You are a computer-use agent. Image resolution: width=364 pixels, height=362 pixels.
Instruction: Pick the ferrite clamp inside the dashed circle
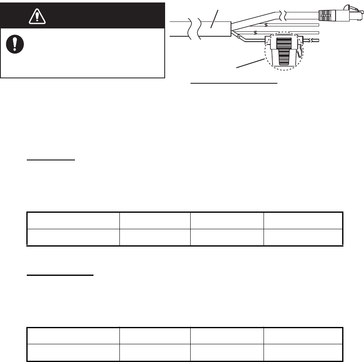283,50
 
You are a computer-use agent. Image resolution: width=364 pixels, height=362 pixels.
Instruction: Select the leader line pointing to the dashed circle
250,64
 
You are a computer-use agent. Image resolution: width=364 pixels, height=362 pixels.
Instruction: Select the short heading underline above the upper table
51,159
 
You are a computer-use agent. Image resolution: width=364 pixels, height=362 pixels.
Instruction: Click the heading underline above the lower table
60,275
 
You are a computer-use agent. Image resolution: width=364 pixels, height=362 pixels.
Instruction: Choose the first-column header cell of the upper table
73,221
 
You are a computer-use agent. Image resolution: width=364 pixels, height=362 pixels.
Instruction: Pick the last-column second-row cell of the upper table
303,237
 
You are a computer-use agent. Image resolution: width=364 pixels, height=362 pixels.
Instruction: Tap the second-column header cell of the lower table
155,336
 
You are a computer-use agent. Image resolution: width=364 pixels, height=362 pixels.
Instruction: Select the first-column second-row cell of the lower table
73,353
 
